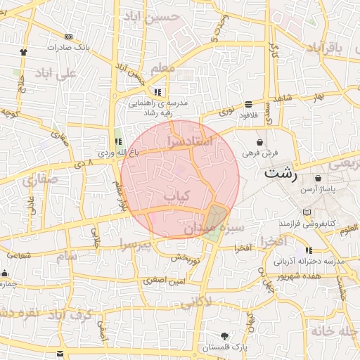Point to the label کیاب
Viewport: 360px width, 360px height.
(176, 197)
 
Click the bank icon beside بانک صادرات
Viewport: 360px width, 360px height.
(68, 37)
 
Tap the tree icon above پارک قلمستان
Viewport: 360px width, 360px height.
(224, 335)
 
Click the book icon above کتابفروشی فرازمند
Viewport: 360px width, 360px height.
(304, 212)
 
